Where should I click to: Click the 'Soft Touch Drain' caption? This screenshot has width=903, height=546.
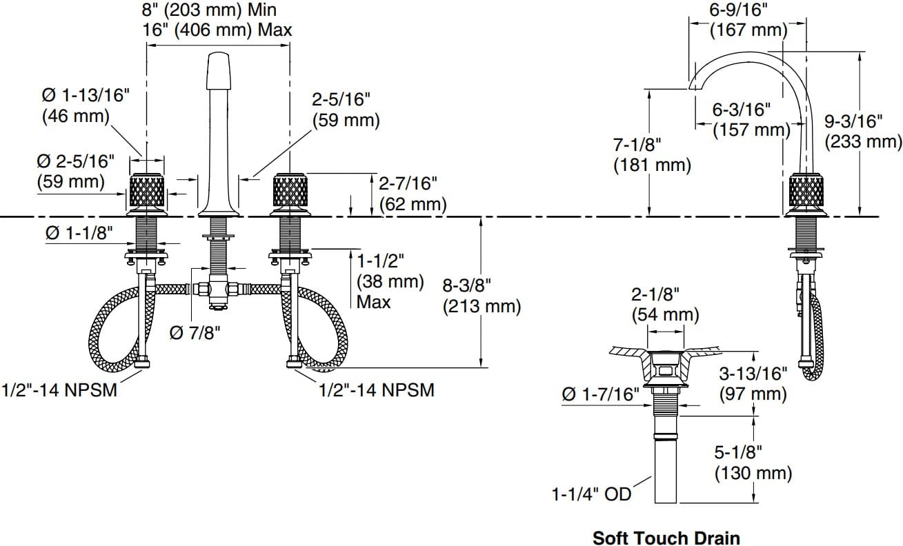pyautogui.click(x=666, y=538)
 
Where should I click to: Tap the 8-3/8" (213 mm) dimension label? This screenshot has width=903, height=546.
pyautogui.click(x=482, y=296)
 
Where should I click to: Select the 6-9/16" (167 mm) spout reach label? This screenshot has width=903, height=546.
pyautogui.click(x=748, y=20)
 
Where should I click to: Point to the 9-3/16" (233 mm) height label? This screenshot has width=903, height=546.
pyautogui.click(x=863, y=132)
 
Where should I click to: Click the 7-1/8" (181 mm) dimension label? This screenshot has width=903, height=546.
pyautogui.click(x=653, y=155)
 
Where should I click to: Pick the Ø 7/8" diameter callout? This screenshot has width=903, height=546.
pyautogui.click(x=195, y=333)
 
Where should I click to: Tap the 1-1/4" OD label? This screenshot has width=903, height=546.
pyautogui.click(x=591, y=494)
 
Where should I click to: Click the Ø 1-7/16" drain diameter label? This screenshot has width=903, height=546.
pyautogui.click(x=601, y=394)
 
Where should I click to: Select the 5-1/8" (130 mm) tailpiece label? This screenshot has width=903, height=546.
pyautogui.click(x=753, y=463)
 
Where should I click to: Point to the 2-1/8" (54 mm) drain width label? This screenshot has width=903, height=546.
pyautogui.click(x=665, y=305)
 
